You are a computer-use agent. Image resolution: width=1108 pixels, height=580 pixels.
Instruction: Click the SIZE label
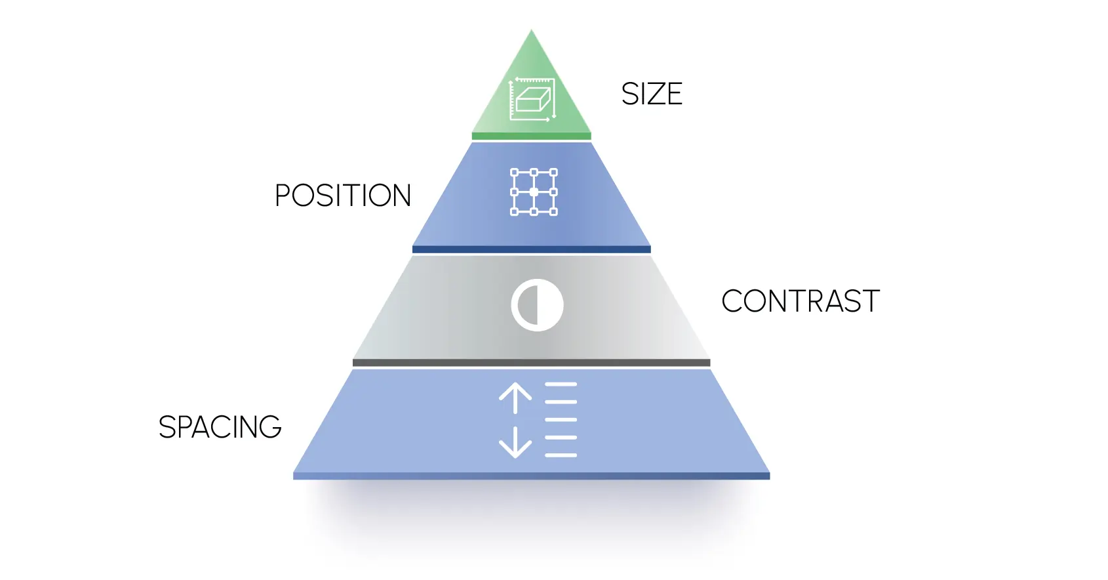[652, 94]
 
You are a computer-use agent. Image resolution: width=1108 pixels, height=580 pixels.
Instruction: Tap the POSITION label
[342, 196]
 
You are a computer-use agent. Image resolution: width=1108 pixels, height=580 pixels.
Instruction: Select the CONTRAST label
[800, 301]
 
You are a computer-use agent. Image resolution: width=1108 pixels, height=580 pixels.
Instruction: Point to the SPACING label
[220, 427]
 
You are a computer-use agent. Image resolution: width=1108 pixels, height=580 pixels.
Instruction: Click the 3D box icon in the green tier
[532, 100]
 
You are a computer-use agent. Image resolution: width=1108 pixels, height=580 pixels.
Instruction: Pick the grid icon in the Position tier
[534, 192]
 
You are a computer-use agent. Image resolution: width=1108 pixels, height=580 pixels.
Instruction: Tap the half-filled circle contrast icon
[537, 305]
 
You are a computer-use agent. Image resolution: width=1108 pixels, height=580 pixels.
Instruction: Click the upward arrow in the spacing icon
[515, 398]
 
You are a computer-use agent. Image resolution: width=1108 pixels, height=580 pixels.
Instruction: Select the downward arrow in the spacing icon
[515, 442]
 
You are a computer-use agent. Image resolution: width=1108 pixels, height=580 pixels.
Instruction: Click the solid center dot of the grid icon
[534, 192]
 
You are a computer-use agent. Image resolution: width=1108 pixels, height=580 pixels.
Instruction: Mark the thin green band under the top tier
[531, 136]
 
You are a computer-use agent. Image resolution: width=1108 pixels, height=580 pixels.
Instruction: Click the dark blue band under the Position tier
[531, 249]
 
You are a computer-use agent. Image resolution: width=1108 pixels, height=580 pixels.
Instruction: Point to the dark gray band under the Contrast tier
[531, 363]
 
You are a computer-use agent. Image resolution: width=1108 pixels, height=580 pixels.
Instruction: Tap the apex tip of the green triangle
[532, 32]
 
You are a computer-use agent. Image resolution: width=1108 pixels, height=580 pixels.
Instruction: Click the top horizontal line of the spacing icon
[561, 384]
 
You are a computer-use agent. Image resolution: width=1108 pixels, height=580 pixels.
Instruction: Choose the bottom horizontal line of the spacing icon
[561, 455]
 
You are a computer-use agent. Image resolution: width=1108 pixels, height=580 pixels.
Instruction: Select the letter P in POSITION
[283, 196]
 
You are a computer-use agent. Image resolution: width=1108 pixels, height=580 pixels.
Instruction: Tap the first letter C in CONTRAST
[733, 301]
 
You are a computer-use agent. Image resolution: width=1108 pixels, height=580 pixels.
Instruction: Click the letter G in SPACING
[270, 427]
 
